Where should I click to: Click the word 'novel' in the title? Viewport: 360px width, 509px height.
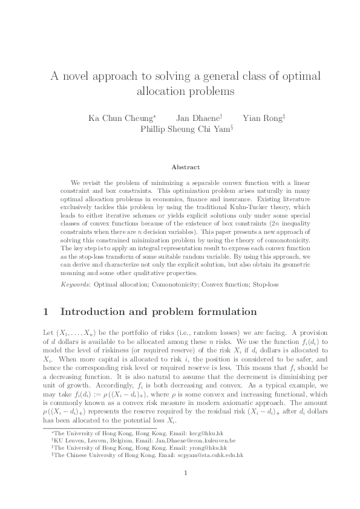tap(79, 77)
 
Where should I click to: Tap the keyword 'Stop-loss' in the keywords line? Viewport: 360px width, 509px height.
tap(266, 284)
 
